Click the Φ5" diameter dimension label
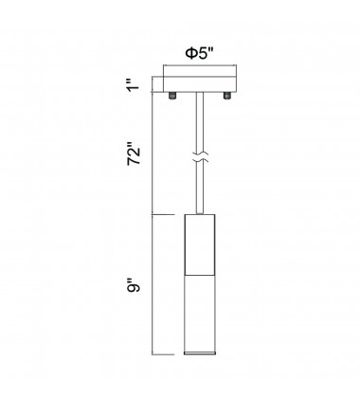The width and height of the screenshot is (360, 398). coord(199,53)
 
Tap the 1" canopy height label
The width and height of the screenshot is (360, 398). coord(134,84)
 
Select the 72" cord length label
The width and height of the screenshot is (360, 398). coord(134,154)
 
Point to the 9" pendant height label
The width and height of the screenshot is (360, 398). coord(134,285)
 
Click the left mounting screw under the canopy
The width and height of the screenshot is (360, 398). coord(172,96)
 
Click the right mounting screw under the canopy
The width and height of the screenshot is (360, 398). coord(226,96)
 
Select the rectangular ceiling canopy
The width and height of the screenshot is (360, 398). coord(200,84)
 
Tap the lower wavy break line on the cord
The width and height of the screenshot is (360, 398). coord(200,161)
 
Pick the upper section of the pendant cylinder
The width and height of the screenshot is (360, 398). coord(200,245)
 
